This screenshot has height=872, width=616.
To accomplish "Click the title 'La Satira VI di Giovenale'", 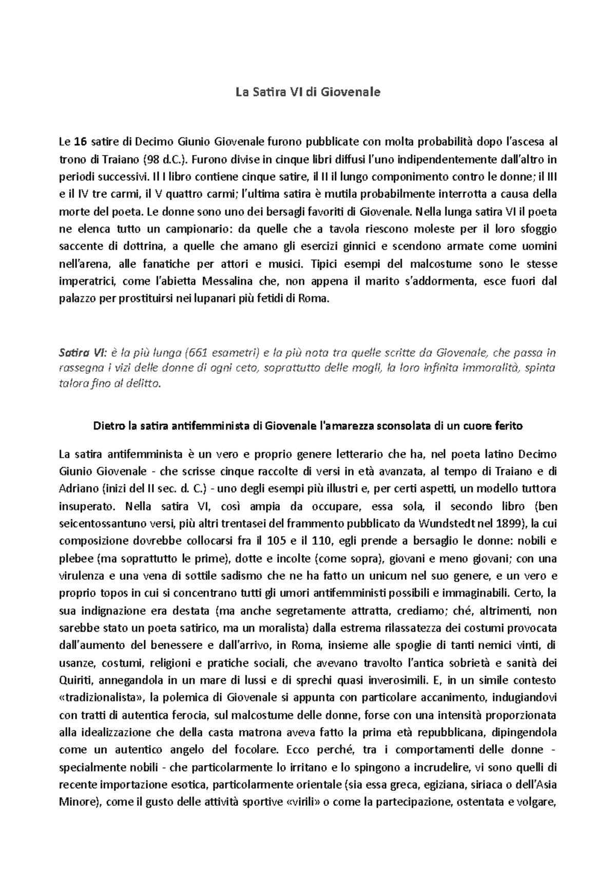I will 307,92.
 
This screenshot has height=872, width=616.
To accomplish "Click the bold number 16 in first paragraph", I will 80,141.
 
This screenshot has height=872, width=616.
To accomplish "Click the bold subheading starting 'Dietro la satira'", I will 307,426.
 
